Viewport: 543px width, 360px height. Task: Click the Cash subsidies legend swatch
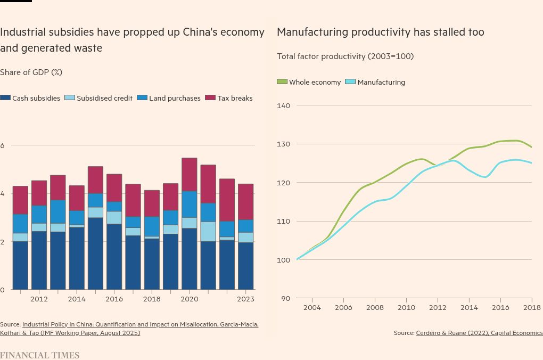(5, 98)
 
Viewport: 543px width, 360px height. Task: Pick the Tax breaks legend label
(235, 98)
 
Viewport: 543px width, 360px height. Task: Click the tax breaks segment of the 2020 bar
(190, 175)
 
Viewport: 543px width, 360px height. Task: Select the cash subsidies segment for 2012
(39, 260)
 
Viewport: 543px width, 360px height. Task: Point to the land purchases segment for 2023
(245, 226)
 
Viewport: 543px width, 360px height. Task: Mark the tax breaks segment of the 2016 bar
(114, 188)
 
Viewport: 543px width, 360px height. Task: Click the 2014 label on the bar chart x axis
(77, 299)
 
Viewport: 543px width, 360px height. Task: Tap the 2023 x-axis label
(245, 299)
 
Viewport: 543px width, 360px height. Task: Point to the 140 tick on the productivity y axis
(284, 105)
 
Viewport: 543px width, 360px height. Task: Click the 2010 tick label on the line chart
(406, 307)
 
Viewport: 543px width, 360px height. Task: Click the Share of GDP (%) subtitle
(31, 72)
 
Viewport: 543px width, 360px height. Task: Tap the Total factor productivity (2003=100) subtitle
(345, 56)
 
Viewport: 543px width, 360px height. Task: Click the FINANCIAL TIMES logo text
(39, 355)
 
